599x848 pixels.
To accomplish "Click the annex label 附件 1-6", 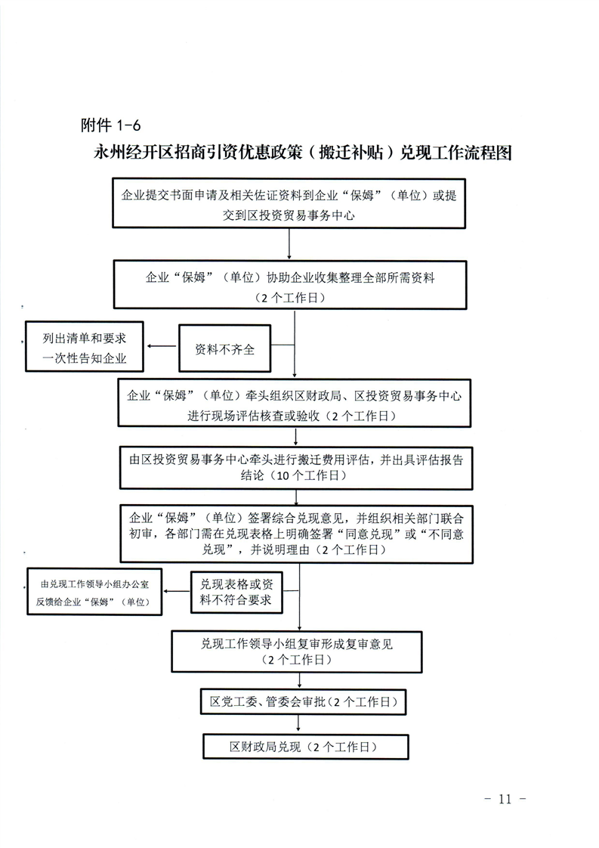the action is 110,125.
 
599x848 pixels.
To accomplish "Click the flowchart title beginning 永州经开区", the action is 303,153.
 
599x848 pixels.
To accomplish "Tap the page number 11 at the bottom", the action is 505,799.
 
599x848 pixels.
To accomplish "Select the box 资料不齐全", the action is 225,348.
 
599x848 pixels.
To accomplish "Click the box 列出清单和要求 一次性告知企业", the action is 85,347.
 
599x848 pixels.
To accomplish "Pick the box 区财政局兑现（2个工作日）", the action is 305,746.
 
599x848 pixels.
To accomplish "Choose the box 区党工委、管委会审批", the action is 304,701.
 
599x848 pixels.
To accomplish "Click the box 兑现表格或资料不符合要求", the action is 236,593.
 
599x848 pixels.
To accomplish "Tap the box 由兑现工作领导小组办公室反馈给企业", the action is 94,592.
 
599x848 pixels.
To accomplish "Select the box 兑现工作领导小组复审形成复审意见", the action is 297,651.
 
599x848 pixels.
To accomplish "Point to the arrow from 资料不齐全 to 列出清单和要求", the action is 162,346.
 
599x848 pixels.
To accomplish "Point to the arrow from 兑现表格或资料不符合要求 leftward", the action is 177,591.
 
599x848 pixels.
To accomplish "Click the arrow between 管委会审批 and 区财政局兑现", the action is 298,724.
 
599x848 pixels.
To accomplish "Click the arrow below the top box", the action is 289,244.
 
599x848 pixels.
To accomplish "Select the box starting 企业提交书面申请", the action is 289,203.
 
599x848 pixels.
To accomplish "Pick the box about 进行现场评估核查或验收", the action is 295,403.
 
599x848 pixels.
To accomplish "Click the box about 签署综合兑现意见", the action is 297,534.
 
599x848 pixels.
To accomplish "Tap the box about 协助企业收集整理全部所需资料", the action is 290,285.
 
